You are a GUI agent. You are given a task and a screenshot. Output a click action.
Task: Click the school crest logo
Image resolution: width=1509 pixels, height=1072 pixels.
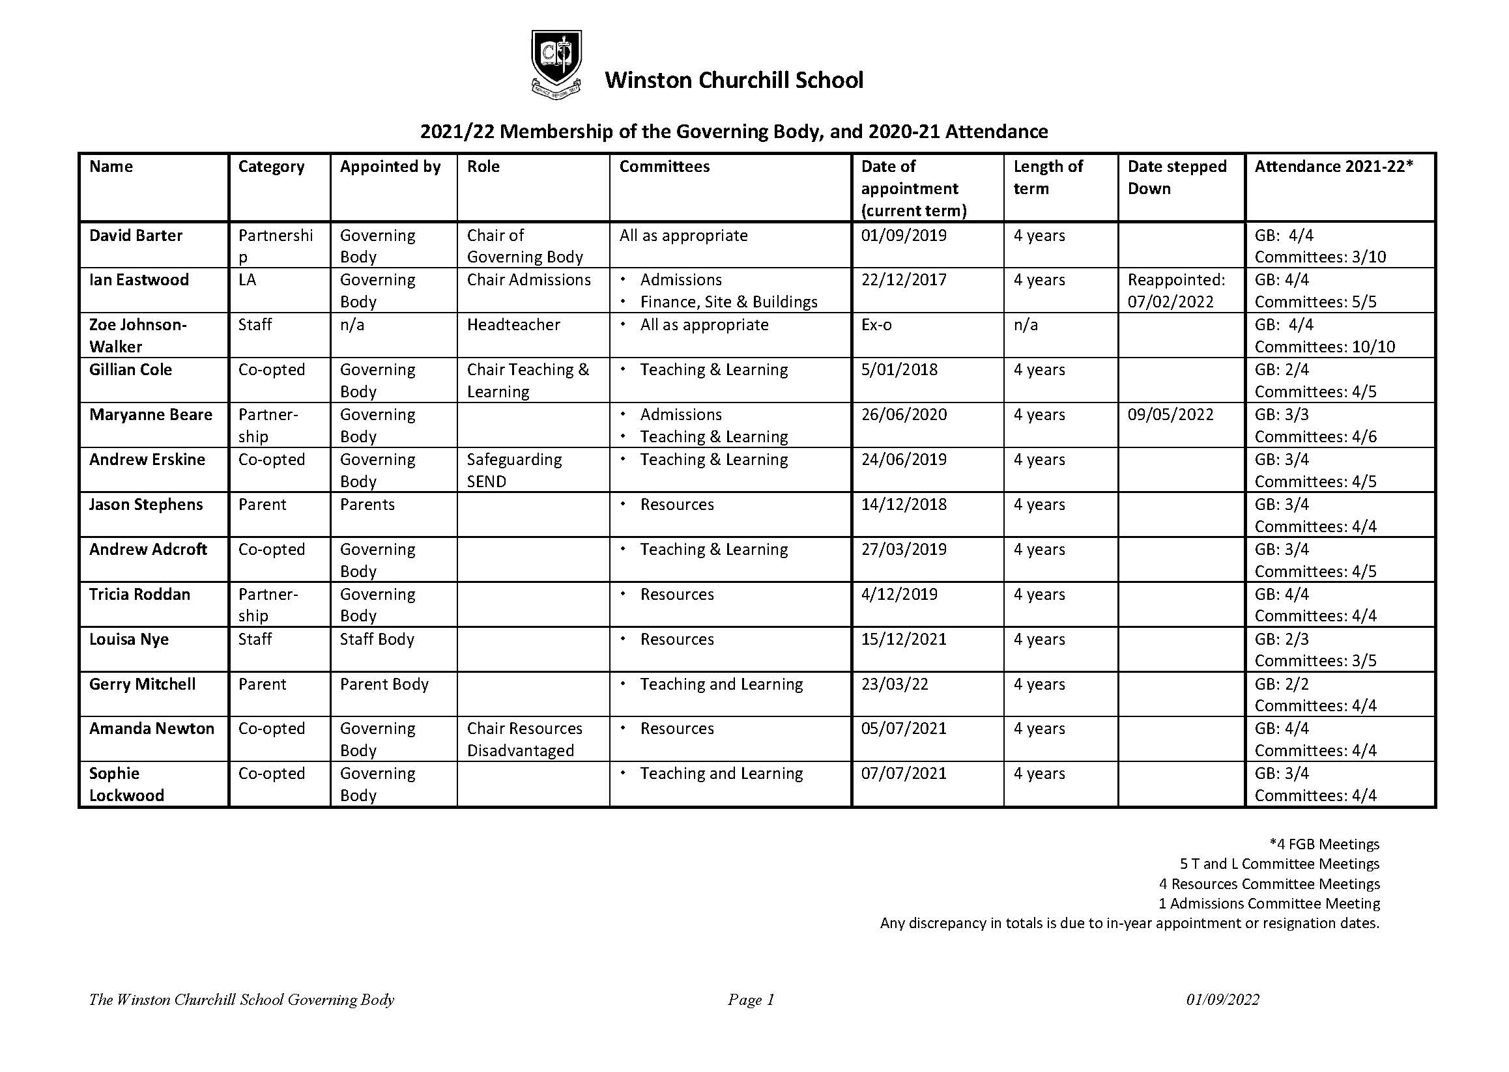coord(556,64)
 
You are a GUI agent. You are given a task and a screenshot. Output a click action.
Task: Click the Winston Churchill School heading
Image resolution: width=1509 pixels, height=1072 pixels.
coord(734,80)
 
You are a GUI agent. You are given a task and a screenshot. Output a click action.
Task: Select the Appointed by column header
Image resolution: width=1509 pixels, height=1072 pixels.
coord(390,166)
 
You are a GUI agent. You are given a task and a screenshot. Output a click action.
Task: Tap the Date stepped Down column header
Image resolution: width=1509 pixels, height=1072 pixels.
coord(1177,177)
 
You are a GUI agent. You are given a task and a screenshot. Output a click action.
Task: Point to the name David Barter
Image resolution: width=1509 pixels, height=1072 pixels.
coord(136,236)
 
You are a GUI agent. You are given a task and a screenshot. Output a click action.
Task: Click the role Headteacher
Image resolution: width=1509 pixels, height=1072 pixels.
coord(513,325)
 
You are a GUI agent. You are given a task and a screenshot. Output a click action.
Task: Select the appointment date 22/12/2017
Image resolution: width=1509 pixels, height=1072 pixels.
coord(904,280)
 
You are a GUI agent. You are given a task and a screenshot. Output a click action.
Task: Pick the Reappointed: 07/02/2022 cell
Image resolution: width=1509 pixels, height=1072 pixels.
coord(1176,290)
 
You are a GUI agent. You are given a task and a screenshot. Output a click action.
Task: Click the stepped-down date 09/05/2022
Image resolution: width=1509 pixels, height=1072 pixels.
coord(1170,415)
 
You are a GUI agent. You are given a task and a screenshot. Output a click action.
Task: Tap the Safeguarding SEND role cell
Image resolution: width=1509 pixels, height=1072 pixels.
coord(514,470)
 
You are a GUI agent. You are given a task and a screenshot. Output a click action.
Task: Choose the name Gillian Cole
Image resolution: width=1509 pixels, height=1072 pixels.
coord(130,370)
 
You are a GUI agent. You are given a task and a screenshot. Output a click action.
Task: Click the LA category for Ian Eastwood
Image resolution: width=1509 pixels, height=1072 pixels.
coord(247,280)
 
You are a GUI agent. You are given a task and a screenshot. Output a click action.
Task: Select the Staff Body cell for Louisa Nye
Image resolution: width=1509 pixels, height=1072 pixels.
coord(377,639)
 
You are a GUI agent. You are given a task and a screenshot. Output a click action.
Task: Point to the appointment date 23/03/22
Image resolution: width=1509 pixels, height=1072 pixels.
coord(894,684)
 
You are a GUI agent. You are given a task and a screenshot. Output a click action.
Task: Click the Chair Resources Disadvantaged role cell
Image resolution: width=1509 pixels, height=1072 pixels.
coord(525,739)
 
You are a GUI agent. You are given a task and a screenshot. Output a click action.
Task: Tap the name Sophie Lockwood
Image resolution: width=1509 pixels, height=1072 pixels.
coord(126,784)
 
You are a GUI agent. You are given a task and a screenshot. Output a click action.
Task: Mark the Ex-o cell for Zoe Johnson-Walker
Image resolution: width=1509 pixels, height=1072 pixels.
coord(876,325)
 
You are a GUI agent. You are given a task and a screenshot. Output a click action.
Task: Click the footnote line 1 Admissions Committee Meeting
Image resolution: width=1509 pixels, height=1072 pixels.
coord(1269,903)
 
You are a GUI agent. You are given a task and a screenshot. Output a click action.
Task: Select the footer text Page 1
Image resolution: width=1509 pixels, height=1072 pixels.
coord(750,1000)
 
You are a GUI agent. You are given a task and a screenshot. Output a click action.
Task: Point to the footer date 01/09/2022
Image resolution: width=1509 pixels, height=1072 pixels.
coord(1222,1000)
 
